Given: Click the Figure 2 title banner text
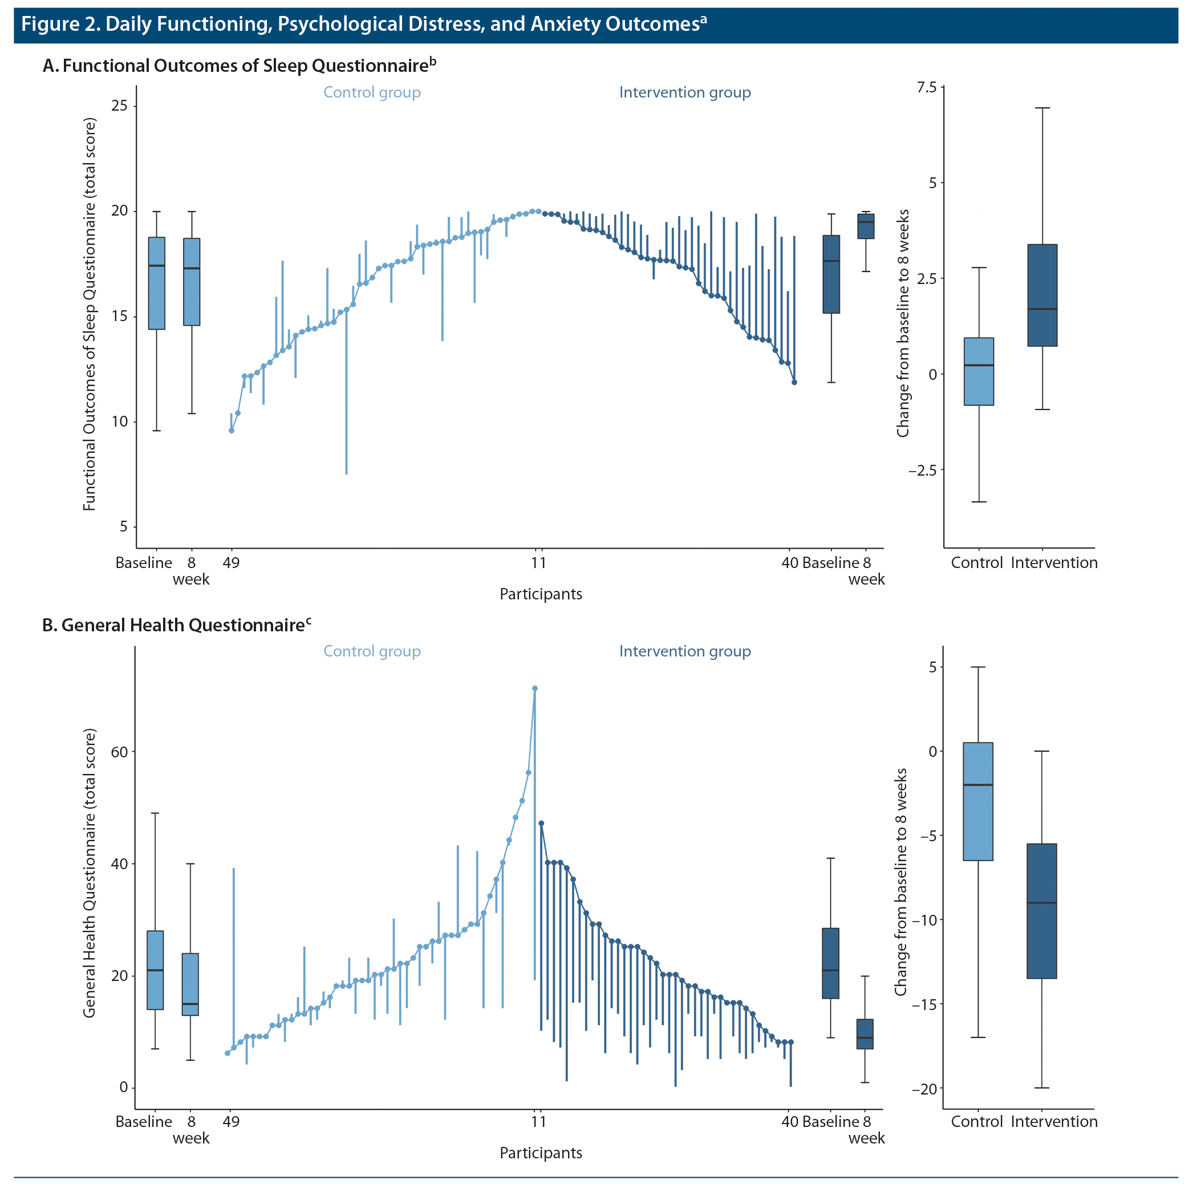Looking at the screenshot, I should click(x=363, y=25).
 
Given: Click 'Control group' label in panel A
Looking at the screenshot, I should click(x=372, y=92).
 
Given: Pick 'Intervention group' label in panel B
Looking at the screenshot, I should click(x=684, y=651).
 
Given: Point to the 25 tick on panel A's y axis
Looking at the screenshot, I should click(x=119, y=106).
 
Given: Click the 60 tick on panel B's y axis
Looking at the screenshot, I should click(x=119, y=752).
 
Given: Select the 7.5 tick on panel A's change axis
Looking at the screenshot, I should click(x=927, y=87).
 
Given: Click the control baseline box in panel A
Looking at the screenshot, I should click(x=157, y=283).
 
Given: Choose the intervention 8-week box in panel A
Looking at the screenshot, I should click(x=866, y=226).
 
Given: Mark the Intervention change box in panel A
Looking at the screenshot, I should click(x=1042, y=295).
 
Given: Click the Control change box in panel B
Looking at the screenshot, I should click(x=978, y=801).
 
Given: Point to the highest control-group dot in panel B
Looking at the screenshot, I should click(x=535, y=688).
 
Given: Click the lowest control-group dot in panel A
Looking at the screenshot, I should click(x=232, y=431).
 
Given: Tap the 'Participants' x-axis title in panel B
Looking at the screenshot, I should click(x=541, y=1153).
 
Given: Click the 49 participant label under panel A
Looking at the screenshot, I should click(x=231, y=562).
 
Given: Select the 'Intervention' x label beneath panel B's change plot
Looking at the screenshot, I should click(x=1054, y=1121).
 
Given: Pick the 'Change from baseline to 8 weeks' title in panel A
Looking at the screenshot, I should click(x=903, y=323).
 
